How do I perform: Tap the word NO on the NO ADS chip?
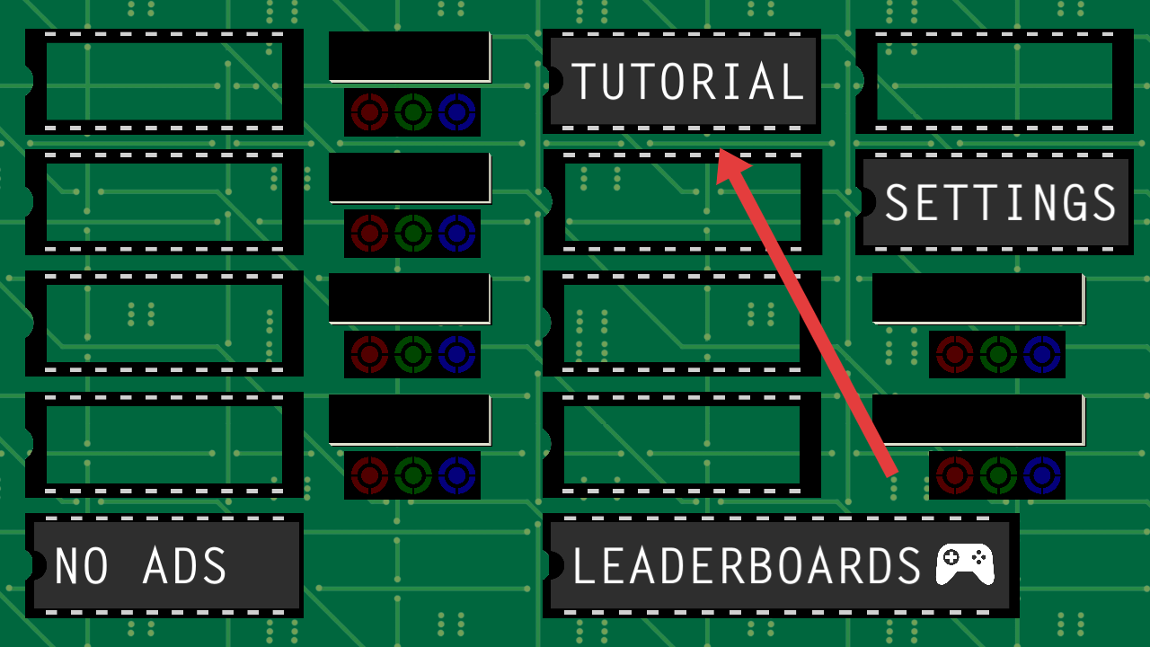point(82,567)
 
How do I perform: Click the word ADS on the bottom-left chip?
point(185,567)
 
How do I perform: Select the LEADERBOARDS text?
point(747,567)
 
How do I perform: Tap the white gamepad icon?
point(965,564)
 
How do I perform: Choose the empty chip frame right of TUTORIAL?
point(994,82)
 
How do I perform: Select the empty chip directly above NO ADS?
point(164,445)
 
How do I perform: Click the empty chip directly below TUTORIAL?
point(683,202)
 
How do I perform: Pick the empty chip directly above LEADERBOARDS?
point(683,445)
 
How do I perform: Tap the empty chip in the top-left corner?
point(164,82)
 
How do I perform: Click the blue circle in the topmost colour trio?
point(456,112)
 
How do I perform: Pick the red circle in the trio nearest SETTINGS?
point(954,354)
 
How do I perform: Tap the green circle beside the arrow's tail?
point(998,474)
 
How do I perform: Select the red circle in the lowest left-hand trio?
point(368,474)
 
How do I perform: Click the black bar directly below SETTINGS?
point(977,297)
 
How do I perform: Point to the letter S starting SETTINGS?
point(898,203)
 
